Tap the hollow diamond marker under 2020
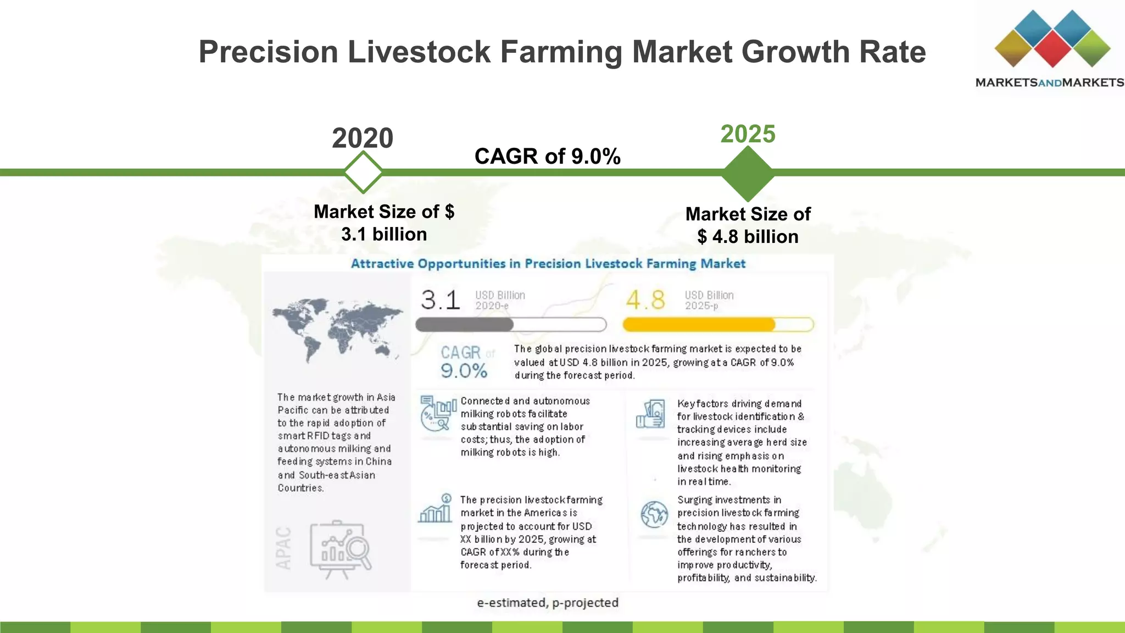(363, 172)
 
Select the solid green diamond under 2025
(748, 173)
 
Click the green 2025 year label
(748, 134)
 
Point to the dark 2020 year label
(363, 138)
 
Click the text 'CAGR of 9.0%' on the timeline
(547, 157)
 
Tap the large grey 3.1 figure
(440, 300)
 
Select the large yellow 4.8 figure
(645, 300)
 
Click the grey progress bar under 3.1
(511, 325)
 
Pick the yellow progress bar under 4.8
(717, 325)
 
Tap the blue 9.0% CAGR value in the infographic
(464, 371)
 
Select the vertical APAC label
(283, 548)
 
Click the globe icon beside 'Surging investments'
(654, 515)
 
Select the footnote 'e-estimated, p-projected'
(548, 603)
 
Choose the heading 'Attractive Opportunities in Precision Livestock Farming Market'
(548, 264)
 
